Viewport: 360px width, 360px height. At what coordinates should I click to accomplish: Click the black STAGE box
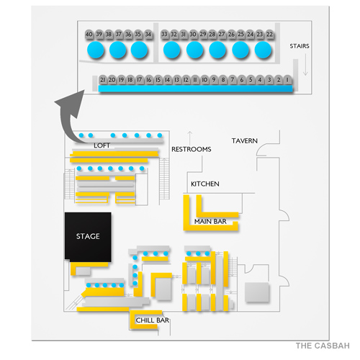[88, 237]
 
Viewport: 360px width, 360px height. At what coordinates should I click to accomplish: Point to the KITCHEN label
[204, 184]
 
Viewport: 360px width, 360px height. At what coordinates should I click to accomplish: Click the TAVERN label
[245, 140]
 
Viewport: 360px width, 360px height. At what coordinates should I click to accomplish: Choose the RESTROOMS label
[191, 150]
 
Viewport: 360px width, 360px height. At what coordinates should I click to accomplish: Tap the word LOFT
[103, 145]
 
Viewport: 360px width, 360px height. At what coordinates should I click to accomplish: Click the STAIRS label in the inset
[300, 45]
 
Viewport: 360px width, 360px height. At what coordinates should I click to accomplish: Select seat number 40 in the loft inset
[89, 34]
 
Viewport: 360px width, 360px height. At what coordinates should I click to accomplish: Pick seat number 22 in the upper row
[269, 34]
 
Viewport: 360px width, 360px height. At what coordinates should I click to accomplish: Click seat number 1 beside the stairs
[288, 80]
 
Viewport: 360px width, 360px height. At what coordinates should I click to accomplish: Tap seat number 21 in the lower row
[103, 80]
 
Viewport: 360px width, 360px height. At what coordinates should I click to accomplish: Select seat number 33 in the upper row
[165, 34]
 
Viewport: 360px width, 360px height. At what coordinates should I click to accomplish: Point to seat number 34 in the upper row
[148, 34]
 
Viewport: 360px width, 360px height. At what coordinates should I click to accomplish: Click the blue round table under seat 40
[96, 50]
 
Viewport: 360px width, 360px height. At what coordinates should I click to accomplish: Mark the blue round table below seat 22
[263, 50]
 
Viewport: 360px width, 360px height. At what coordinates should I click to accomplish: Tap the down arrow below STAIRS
[305, 68]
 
